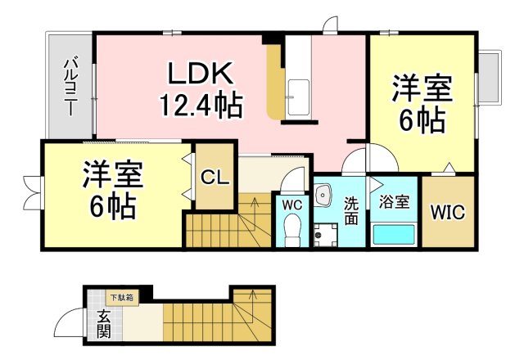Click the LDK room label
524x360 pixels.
click(202, 75)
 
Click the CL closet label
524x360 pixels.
click(214, 177)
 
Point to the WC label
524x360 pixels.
click(292, 205)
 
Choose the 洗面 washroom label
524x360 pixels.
click(351, 211)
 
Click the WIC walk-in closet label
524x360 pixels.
click(448, 213)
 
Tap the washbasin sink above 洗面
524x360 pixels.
click(325, 195)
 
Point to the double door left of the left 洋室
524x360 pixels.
click(32, 191)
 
